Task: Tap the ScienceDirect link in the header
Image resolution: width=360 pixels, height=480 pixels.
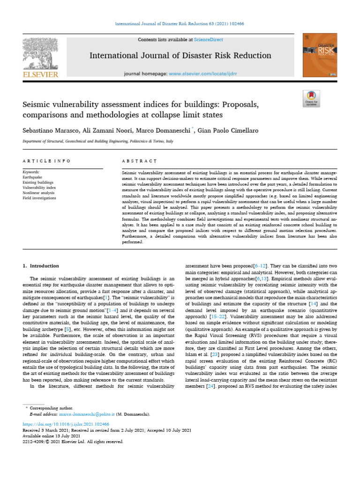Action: click(x=210, y=40)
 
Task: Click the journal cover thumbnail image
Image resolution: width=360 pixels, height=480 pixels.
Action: click(x=320, y=55)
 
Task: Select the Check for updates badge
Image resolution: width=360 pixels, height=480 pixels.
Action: click(x=311, y=98)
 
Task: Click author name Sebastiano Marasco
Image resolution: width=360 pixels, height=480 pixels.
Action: click(x=49, y=130)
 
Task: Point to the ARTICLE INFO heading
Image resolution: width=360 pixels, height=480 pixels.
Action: click(x=46, y=161)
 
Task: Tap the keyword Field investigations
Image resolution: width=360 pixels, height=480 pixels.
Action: click(x=39, y=198)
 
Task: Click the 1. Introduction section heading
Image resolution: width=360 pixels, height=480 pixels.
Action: click(x=41, y=266)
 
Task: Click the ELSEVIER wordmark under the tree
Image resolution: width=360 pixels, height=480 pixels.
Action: click(x=40, y=75)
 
